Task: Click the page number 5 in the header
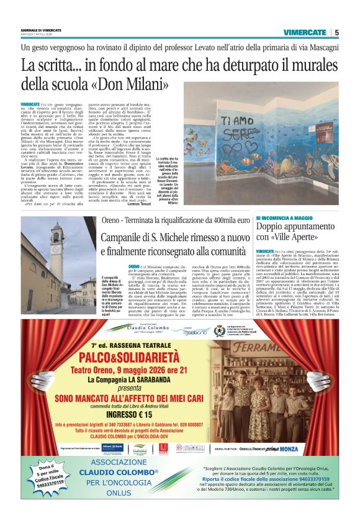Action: point(336,32)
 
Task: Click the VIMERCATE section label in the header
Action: point(304,32)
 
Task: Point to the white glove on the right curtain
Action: point(318,379)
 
